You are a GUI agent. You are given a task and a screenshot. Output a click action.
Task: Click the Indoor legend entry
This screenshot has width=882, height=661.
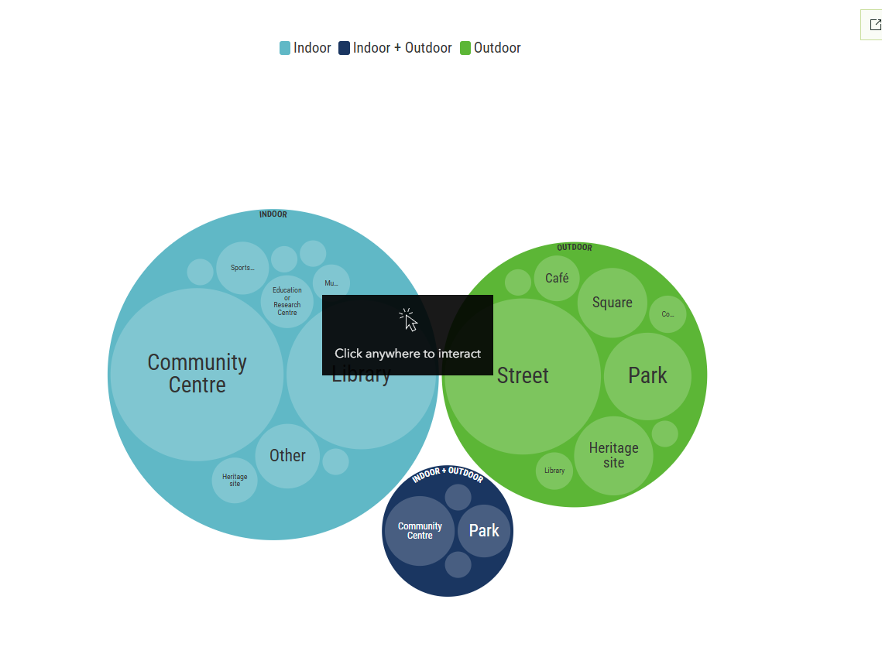(x=306, y=48)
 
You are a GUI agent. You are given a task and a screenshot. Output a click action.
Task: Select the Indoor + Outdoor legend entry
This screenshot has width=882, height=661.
(x=396, y=48)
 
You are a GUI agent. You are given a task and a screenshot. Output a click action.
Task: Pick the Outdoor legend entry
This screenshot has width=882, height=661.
(x=491, y=48)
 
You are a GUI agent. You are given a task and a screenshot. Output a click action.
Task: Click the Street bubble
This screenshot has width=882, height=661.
(x=523, y=376)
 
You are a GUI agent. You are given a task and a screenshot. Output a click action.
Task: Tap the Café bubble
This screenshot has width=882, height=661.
(x=557, y=278)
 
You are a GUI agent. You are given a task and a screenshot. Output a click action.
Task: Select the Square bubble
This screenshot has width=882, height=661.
(x=612, y=303)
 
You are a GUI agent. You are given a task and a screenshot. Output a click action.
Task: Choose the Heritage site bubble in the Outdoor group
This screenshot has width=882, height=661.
(x=613, y=455)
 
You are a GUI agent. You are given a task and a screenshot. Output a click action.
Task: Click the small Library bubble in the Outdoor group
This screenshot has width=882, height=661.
(x=554, y=471)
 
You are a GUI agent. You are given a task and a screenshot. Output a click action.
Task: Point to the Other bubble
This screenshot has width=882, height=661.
(x=287, y=456)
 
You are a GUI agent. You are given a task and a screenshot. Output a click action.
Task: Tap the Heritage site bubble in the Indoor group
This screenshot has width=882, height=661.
(x=235, y=480)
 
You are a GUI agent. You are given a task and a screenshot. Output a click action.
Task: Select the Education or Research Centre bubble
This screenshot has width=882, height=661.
(x=287, y=301)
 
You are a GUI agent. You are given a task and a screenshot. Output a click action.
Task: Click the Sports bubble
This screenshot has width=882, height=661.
(x=242, y=268)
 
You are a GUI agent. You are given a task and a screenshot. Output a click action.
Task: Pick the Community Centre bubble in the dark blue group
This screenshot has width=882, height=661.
(x=420, y=531)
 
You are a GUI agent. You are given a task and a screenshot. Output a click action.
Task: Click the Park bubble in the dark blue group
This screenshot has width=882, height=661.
(x=484, y=531)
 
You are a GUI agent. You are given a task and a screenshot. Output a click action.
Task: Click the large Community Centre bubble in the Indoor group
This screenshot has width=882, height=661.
(x=197, y=374)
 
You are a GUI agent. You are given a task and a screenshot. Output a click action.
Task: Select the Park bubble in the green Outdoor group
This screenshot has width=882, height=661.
(x=647, y=376)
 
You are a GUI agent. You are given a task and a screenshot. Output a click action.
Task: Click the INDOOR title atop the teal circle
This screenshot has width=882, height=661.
(x=273, y=214)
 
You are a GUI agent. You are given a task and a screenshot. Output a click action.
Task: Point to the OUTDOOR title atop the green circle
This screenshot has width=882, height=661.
(x=574, y=248)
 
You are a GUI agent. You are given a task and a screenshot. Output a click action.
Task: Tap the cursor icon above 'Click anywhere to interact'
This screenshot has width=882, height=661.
(x=408, y=320)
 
